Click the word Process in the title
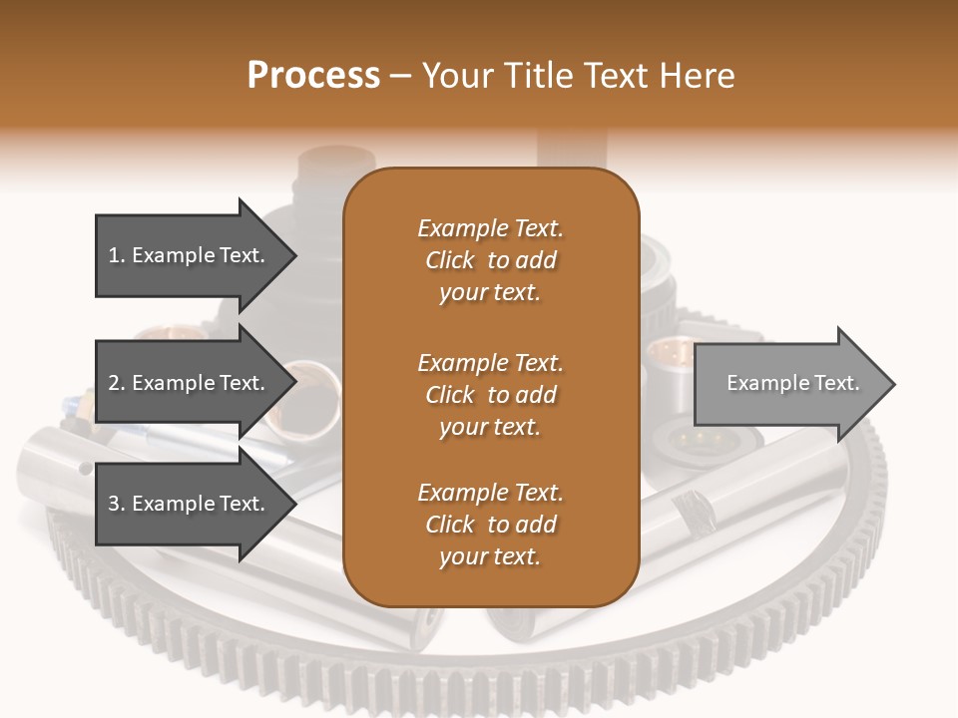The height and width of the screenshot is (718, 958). click(313, 76)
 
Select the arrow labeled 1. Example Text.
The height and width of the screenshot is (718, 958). click(190, 255)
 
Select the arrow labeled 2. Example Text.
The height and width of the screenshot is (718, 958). click(190, 383)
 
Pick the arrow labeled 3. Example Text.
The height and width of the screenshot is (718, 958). click(190, 504)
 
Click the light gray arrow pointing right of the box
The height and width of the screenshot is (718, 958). click(788, 384)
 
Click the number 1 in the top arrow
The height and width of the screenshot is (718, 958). click(114, 255)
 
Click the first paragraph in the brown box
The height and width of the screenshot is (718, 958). click(490, 260)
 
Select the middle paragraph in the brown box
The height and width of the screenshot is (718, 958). click(490, 395)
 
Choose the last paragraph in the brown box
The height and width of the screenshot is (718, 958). click(490, 525)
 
